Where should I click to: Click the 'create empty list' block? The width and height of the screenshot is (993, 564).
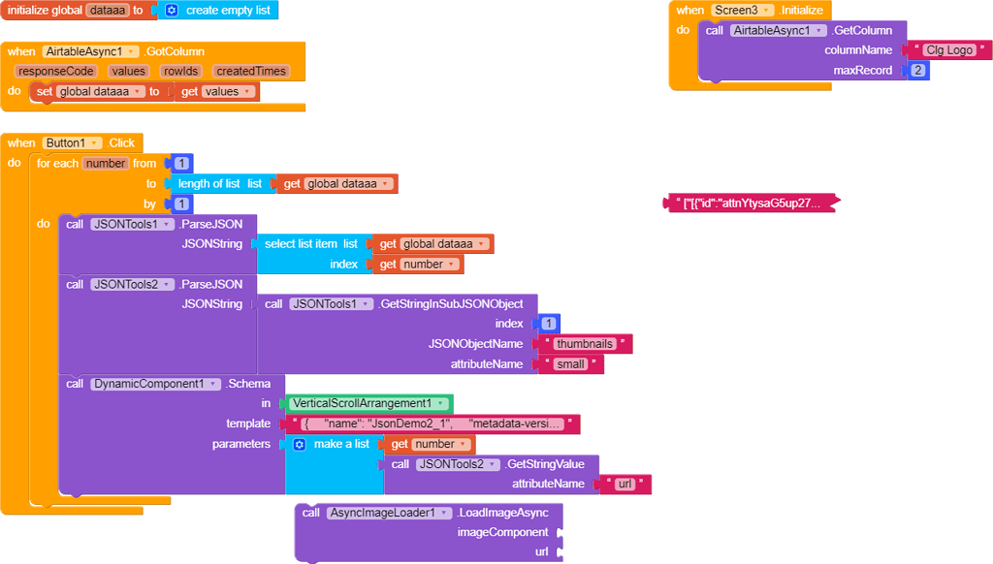pos(227,10)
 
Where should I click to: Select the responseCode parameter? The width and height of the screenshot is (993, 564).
pos(54,71)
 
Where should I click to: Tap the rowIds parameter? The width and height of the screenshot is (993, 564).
pos(181,71)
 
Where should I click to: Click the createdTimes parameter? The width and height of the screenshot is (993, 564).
pos(250,71)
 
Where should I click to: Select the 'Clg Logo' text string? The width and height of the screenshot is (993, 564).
pos(946,49)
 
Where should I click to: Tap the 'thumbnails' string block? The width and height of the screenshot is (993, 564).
pos(585,344)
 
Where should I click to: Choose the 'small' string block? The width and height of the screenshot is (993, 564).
pos(571,364)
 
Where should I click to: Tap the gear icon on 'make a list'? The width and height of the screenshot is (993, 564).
pos(299,444)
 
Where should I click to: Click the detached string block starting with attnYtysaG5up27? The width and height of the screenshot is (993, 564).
pos(752,204)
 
